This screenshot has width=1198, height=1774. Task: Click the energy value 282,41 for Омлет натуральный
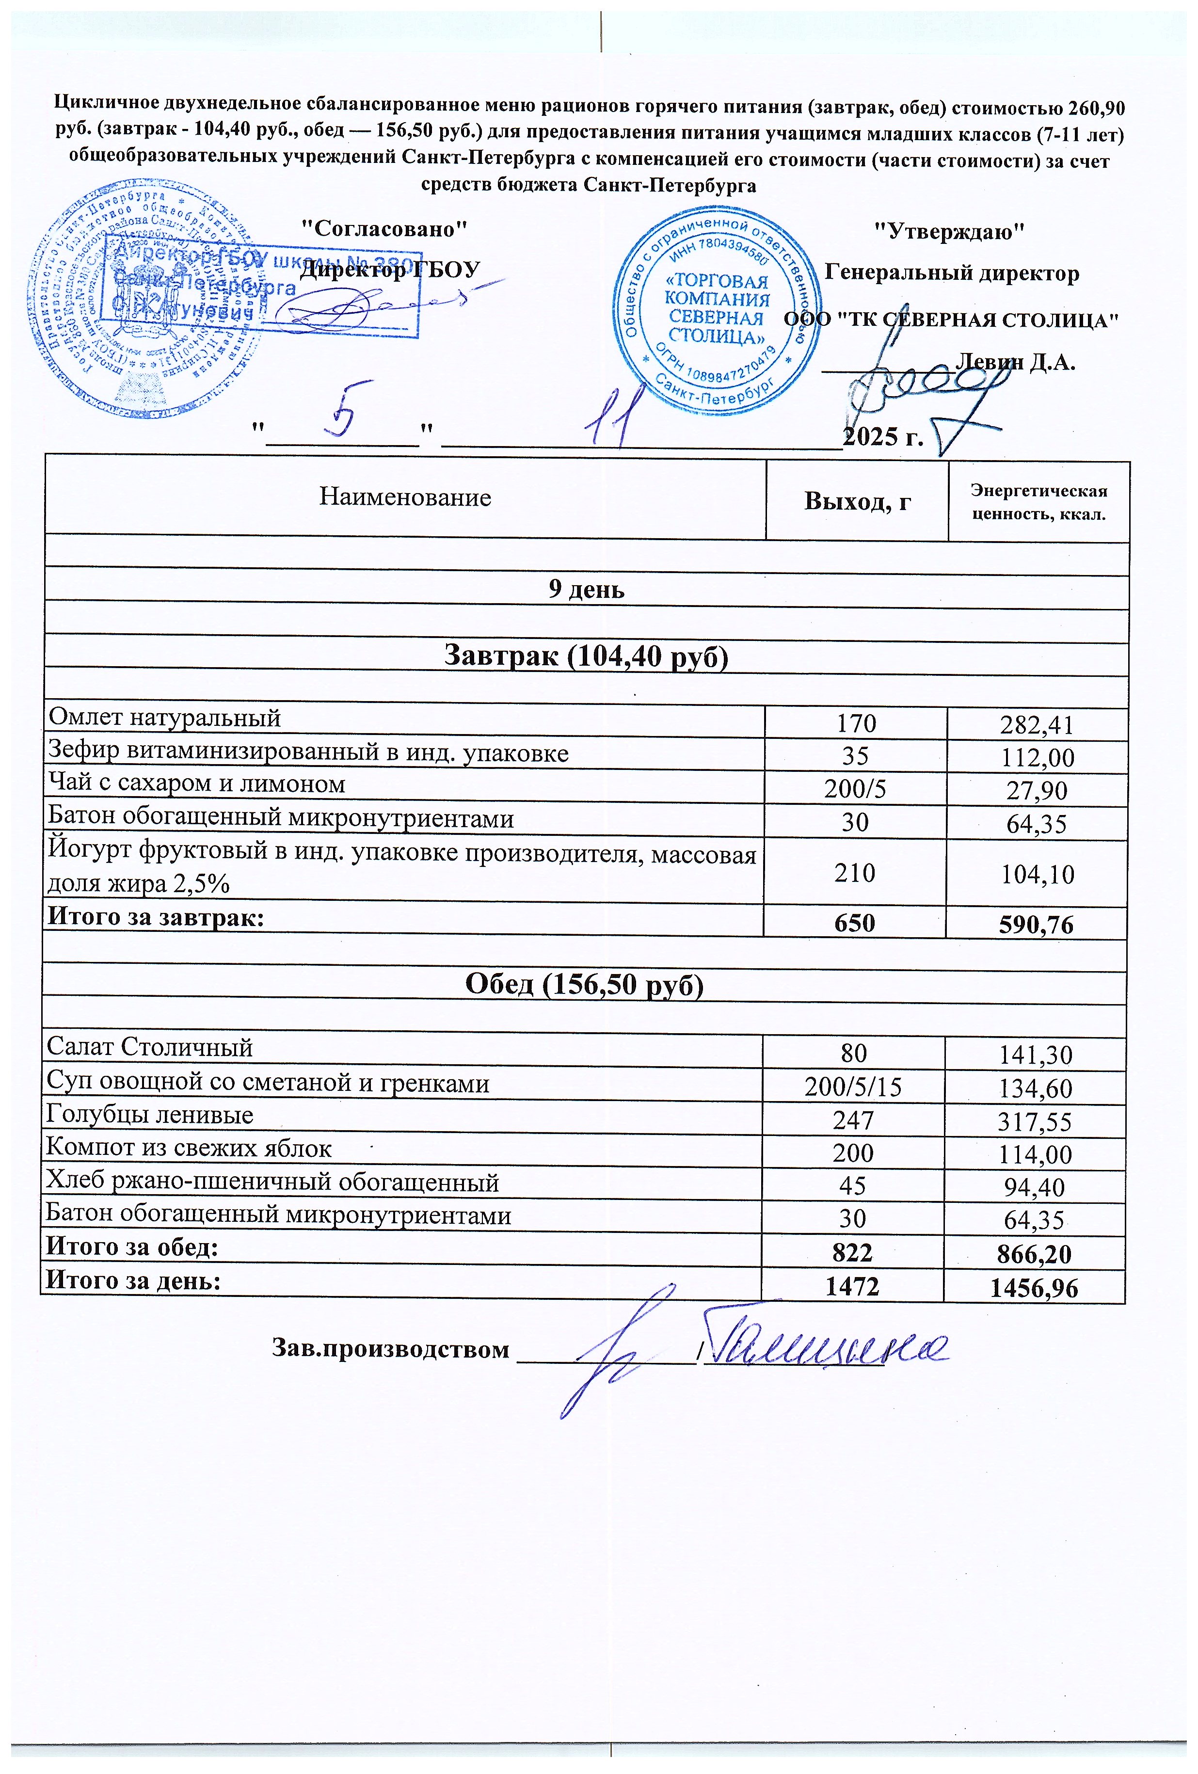(1036, 724)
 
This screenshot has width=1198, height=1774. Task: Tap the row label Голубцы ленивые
(150, 1115)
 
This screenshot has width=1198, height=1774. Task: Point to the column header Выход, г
(857, 501)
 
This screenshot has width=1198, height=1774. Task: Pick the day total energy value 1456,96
(1034, 1289)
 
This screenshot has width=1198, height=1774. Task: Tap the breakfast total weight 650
(854, 922)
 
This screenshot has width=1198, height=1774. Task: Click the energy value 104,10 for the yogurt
(1036, 874)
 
